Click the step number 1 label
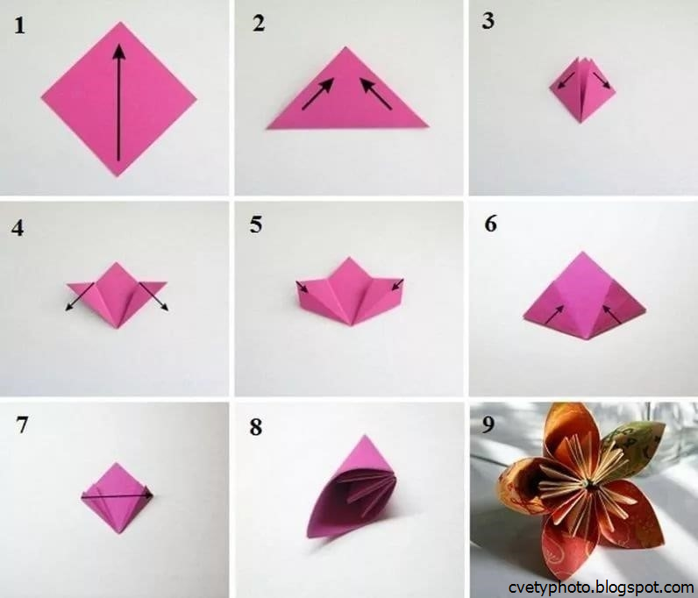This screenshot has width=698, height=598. point(19,25)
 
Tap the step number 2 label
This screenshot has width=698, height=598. point(259,24)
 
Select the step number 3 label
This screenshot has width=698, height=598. point(488,21)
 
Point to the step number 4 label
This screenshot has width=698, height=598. point(18,228)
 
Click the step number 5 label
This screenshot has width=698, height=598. point(255,224)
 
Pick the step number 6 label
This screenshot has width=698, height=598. point(490,224)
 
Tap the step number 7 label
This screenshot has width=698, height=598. point(22,424)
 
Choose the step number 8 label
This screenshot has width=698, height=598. point(255,427)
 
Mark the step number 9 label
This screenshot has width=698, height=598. point(488,424)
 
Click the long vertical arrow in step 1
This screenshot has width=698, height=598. point(119,102)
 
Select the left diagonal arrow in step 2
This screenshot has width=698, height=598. point(317,94)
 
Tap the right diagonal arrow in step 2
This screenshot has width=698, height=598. point(375,94)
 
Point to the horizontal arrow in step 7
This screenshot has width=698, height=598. point(118,495)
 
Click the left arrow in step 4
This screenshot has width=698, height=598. point(80,296)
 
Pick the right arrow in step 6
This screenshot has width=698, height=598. point(612,315)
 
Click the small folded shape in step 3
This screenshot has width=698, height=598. point(582,89)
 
